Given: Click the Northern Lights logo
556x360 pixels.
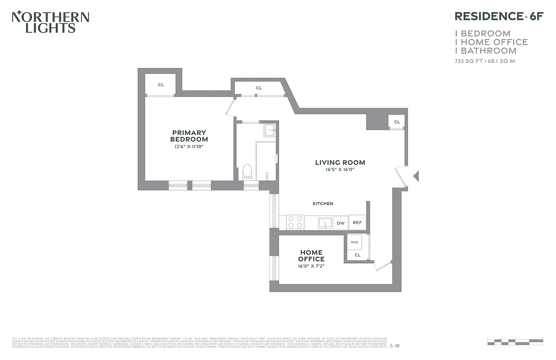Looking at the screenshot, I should click(x=50, y=22).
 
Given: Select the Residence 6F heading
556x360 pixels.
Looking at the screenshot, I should click(x=499, y=16).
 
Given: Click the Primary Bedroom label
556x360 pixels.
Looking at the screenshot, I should click(x=189, y=136).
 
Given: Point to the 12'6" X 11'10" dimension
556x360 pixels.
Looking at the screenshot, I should click(x=189, y=147).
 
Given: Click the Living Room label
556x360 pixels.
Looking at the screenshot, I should click(x=340, y=162).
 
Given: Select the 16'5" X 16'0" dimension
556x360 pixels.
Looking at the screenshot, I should click(x=340, y=170).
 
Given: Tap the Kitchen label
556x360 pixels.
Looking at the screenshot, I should click(x=323, y=204).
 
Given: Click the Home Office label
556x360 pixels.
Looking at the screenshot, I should click(x=311, y=256).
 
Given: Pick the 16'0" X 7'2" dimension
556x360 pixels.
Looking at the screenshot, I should click(x=311, y=266).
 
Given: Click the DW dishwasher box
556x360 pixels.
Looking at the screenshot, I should click(x=341, y=223).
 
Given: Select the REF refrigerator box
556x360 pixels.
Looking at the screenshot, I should click(x=357, y=222).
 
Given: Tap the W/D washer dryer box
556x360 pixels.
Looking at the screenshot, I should click(x=354, y=243).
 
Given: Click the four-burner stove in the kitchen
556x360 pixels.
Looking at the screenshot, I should click(x=295, y=222).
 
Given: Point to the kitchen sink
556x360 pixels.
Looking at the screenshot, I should click(x=325, y=222).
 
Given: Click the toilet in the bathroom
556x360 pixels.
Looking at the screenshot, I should click(x=247, y=172).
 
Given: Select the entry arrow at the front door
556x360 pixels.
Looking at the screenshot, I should click(x=416, y=176).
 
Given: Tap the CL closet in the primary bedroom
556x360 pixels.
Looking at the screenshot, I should click(x=161, y=85).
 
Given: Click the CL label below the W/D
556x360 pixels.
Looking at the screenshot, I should click(x=358, y=255).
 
